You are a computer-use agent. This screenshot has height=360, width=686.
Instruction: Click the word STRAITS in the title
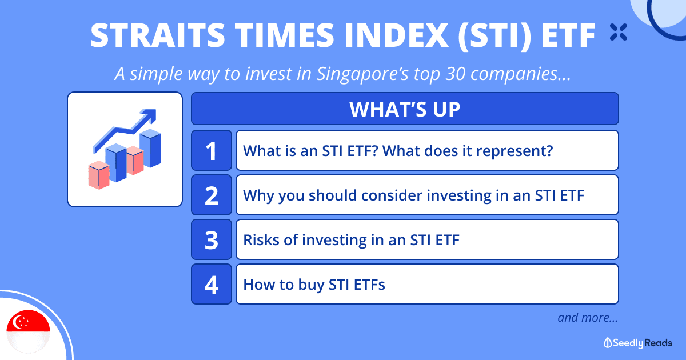point(158,35)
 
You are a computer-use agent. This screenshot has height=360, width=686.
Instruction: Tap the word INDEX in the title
point(397,35)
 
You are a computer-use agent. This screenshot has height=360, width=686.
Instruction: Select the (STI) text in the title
point(494,36)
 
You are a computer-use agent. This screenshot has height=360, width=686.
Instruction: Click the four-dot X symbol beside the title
point(619,32)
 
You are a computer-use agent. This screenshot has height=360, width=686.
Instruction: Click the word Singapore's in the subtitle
point(362,74)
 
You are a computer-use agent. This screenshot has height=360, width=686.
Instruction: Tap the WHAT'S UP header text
point(405,109)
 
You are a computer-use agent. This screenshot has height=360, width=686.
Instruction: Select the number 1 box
point(212,150)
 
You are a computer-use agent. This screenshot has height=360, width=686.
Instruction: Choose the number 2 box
point(212,195)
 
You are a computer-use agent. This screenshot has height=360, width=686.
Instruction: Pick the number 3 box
point(212,239)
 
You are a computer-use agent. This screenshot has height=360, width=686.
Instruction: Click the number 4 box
point(212,285)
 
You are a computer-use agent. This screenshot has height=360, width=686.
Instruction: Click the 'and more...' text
point(588,318)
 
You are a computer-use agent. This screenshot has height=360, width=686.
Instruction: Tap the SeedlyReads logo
point(637,343)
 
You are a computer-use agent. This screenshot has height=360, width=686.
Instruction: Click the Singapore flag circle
point(28,332)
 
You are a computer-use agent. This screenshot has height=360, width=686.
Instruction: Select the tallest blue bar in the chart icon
point(150,149)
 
